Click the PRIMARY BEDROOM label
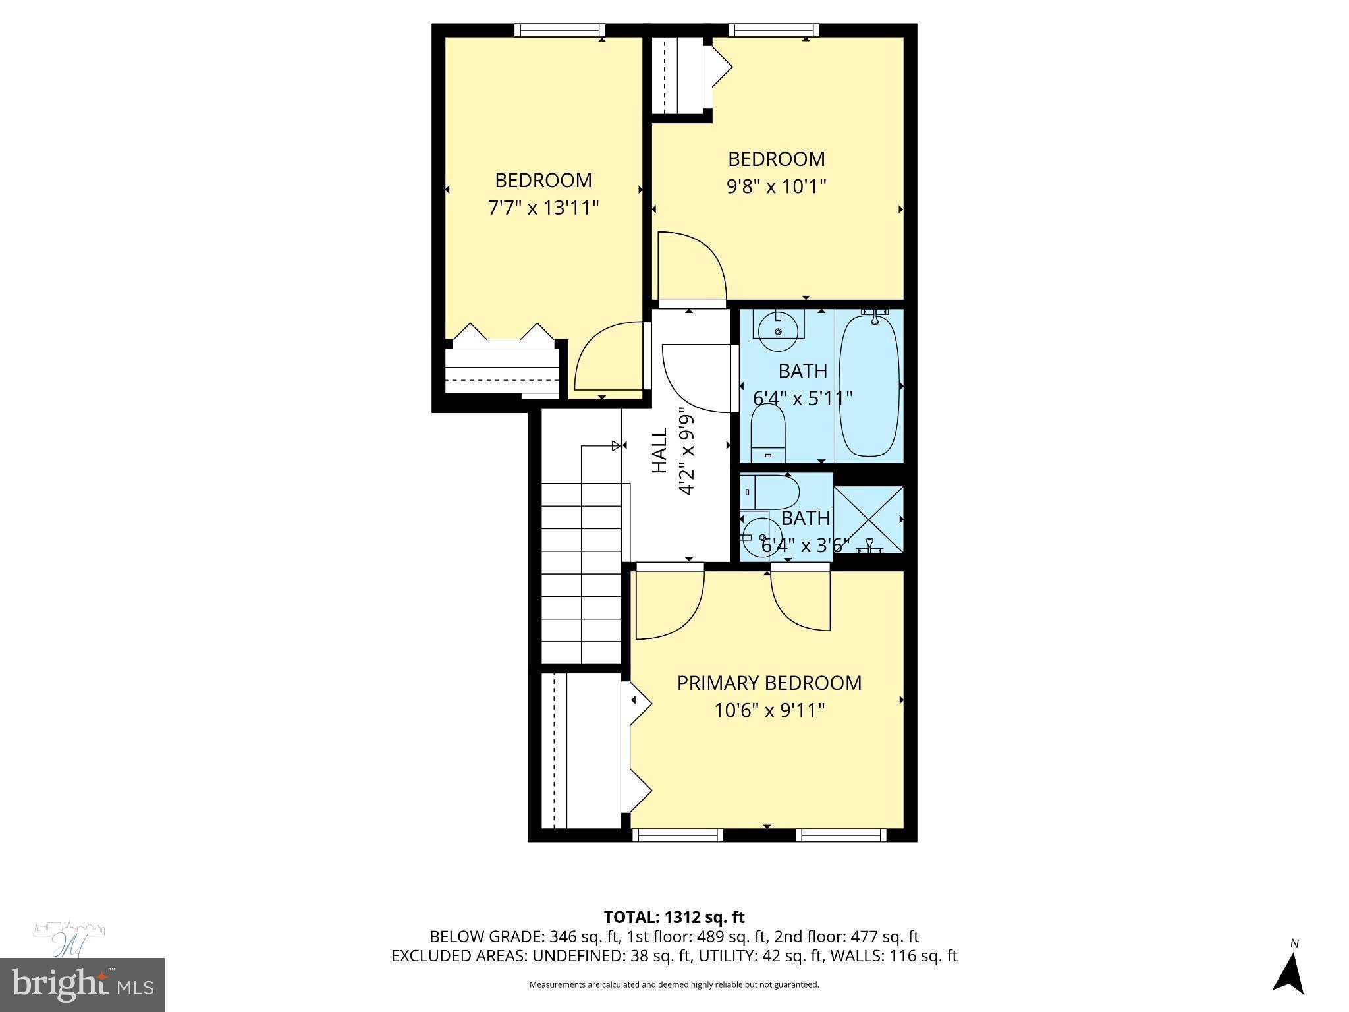pos(769,683)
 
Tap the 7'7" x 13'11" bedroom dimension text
pos(543,208)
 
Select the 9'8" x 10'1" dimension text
pos(776,187)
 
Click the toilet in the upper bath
pos(768,432)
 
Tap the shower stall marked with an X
pos(868,519)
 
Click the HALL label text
pos(659,450)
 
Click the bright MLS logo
pos(82,984)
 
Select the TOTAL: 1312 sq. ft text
pos(674,917)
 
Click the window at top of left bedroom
pos(559,30)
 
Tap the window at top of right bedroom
pos(774,30)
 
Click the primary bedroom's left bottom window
pos(678,835)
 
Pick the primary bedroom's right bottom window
pos(840,835)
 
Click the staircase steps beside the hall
pos(582,573)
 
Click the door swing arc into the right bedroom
pos(692,267)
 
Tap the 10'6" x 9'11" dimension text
pos(769,711)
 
